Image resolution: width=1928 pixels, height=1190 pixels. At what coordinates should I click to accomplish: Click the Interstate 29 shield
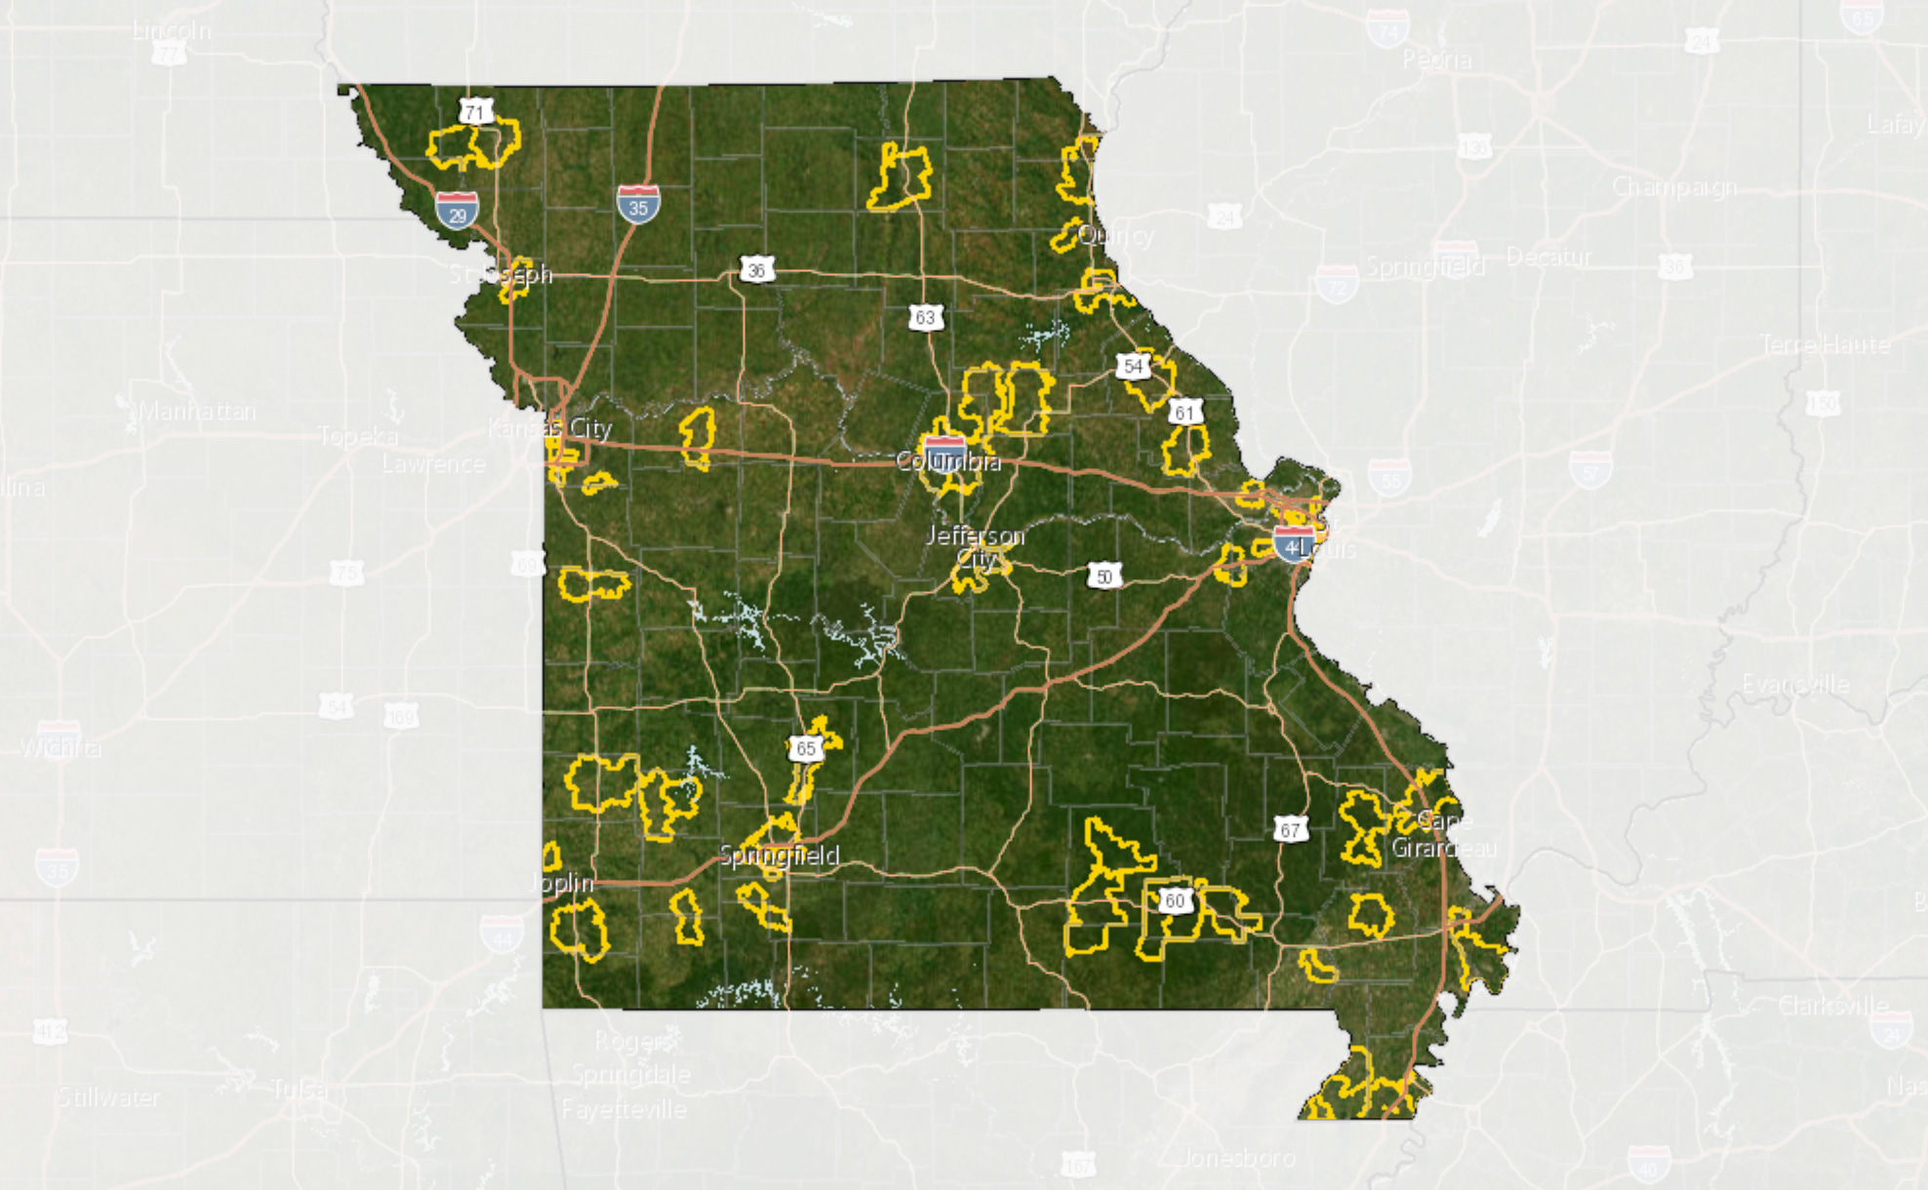click(457, 210)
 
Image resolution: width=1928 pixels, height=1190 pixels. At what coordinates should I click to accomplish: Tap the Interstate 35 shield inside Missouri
click(638, 204)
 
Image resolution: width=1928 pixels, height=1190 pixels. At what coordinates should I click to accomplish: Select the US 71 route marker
click(475, 112)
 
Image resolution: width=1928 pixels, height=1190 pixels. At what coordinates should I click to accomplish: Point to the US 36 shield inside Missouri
click(757, 270)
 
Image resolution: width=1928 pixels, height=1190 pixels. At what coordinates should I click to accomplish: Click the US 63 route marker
click(925, 317)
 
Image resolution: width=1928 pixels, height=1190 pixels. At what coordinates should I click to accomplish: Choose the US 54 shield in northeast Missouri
click(1133, 366)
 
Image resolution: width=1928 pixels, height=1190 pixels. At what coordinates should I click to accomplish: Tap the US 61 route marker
click(1185, 412)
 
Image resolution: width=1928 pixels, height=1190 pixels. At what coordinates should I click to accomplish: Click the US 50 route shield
click(1104, 576)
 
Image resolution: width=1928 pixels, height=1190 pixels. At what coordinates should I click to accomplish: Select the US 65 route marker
click(805, 748)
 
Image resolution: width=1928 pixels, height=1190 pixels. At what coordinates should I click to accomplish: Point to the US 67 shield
click(1290, 830)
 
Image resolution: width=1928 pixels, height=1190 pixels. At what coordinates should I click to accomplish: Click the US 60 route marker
click(1175, 899)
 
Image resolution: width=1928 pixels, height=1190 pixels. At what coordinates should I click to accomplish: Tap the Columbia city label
click(948, 461)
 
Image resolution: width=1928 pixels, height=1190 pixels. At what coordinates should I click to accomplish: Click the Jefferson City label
click(975, 546)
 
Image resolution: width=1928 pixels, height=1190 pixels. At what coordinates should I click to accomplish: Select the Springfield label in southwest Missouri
click(779, 855)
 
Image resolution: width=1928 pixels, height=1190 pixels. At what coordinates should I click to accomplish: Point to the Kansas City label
click(550, 428)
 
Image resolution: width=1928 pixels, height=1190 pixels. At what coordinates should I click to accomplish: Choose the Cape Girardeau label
click(1443, 834)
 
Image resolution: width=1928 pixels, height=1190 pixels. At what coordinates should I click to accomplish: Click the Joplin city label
click(561, 883)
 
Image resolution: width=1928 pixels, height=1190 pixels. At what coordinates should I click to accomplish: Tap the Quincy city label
click(1116, 235)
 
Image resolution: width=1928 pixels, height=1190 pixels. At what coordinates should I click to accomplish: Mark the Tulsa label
click(298, 1089)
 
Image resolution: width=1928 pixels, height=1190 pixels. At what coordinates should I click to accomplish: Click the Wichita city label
click(60, 748)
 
